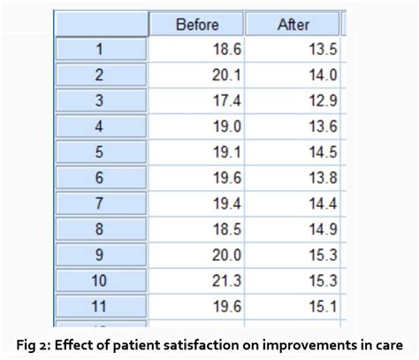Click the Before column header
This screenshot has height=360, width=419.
pos(196,24)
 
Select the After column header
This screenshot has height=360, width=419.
pos(293,24)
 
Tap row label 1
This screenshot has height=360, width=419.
pos(101,49)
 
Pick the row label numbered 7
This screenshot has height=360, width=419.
pos(101,203)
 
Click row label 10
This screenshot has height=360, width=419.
pos(101,280)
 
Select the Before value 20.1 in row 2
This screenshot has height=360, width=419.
pos(226,75)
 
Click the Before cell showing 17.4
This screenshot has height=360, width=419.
pos(226,101)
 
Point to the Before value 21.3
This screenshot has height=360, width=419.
pos(226,280)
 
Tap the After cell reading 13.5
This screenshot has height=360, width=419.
pos(323,49)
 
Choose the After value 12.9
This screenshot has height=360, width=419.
pos(323,101)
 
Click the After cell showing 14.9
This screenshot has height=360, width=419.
pos(323,229)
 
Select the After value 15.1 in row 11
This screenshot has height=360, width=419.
pos(323,306)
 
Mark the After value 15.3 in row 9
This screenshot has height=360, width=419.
pos(323,255)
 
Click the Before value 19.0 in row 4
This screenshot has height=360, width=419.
pos(226,126)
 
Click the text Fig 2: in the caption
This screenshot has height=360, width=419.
pos(34,346)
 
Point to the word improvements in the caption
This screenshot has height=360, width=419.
pos(309,346)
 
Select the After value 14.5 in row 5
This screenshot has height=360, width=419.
pos(323,152)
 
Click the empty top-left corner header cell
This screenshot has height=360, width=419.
pos(102,24)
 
